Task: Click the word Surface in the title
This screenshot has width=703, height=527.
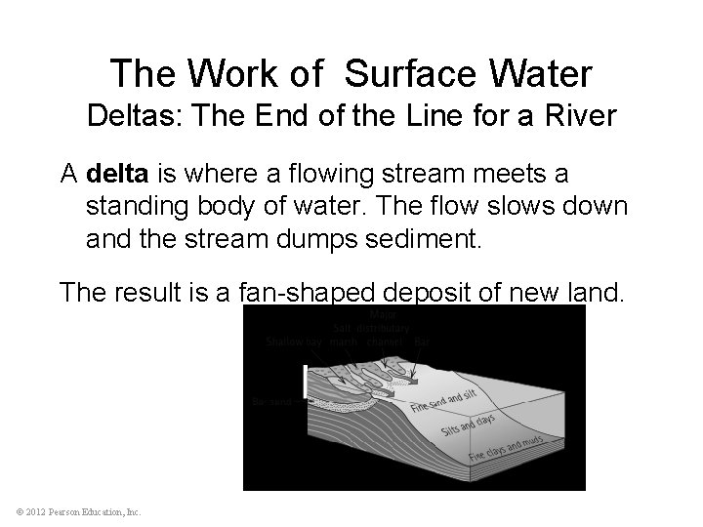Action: (406, 72)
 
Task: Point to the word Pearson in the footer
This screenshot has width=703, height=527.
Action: (70, 512)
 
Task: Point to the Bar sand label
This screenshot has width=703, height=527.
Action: (270, 400)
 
